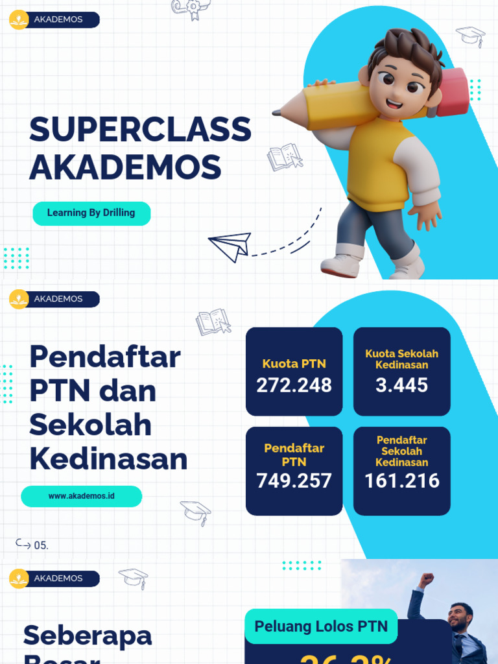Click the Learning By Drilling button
coord(91,213)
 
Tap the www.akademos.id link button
coord(81,496)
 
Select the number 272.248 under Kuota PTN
coord(294,385)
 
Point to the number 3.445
coord(401,385)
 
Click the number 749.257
coord(294,480)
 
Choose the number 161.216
coord(401,480)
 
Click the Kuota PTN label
coord(294,364)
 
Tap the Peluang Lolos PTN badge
coord(321,626)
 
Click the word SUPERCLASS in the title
coord(140,130)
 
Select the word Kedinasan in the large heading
coord(108,459)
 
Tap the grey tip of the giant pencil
coord(276,112)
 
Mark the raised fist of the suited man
coord(426,578)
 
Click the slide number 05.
coord(41,545)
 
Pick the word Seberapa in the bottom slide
coord(88,635)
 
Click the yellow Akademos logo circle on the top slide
coord(19,19)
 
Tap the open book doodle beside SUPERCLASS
coord(284,157)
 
